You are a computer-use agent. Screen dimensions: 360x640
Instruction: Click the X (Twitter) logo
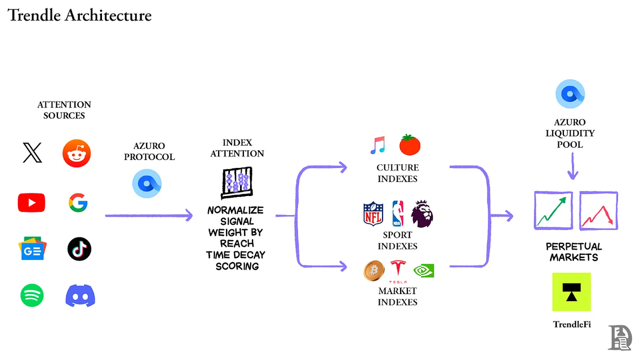pos(32,152)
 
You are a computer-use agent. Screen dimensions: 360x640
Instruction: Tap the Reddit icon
pos(76,153)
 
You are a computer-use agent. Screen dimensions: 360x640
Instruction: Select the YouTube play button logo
pos(31,202)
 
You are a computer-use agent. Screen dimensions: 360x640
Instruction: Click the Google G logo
pos(78,203)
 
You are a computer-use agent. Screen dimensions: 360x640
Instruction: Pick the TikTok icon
pos(79,249)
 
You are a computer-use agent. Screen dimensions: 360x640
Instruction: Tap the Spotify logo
pos(32,295)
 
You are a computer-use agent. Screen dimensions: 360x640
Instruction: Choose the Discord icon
pos(80,295)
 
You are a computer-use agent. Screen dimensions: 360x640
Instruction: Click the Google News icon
pos(32,248)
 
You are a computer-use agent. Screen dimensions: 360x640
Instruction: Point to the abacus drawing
pos(236,183)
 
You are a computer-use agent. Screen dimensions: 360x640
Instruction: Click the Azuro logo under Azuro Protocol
pos(147,183)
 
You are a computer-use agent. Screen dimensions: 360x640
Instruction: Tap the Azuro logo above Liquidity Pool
pos(570,94)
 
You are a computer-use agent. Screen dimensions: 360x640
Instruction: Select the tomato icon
pos(409,145)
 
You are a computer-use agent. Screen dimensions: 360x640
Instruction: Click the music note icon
pos(377,145)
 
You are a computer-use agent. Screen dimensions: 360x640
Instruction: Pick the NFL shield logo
pos(373,213)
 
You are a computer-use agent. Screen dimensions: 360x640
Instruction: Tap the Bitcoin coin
pos(373,271)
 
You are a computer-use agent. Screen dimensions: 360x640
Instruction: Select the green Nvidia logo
pos(423,270)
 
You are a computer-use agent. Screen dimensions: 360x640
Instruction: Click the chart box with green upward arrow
pos(553,210)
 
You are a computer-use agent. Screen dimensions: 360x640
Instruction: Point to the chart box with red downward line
pos(598,210)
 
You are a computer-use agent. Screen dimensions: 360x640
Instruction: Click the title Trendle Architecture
pos(79,15)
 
